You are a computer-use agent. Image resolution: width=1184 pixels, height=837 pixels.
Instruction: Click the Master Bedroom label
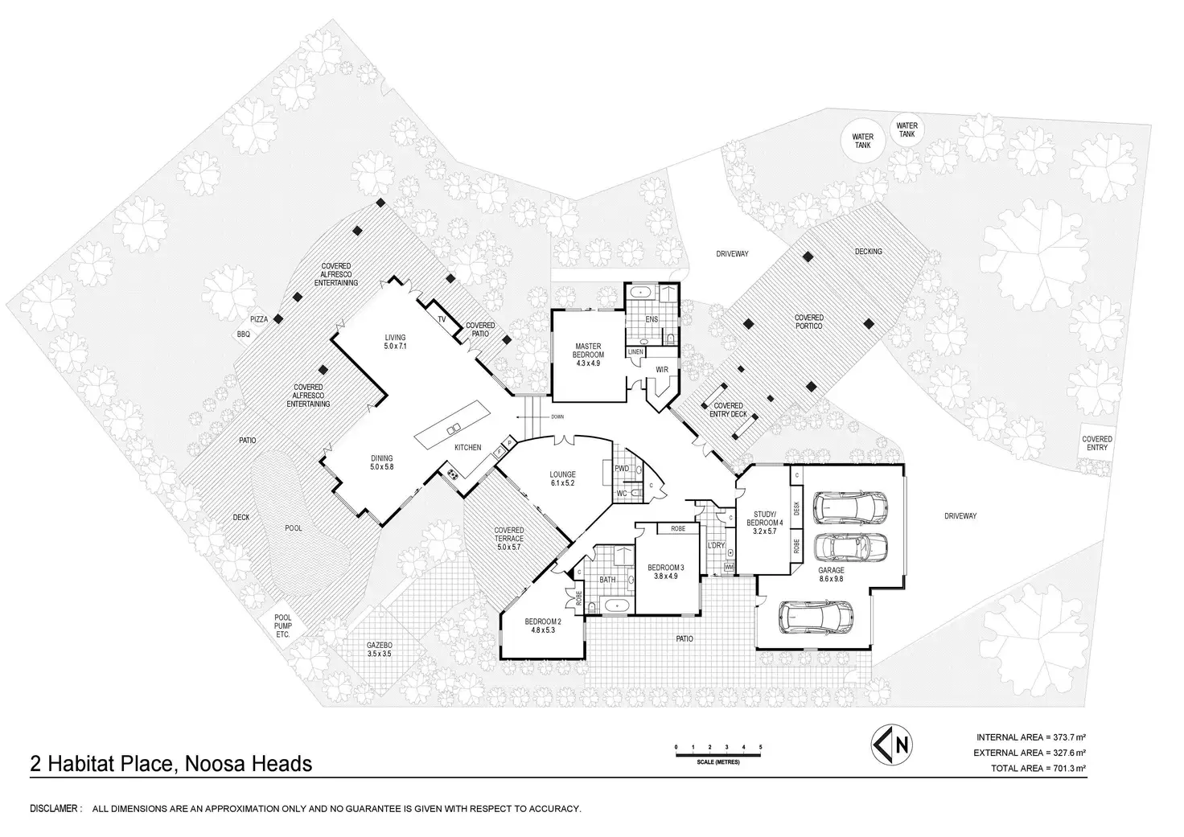pos(588,355)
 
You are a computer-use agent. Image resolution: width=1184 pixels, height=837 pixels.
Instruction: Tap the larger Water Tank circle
pos(862,141)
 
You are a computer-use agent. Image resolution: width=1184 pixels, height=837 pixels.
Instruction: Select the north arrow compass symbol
pos(891,745)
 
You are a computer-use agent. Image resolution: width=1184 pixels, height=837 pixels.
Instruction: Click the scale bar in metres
pos(718,754)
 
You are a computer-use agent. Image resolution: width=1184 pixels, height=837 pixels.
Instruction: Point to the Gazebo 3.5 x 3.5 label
pos(380,650)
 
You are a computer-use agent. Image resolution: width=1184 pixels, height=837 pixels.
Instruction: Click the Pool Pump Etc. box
pos(283,626)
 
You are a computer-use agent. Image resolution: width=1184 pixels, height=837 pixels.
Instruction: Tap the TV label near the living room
pos(442,319)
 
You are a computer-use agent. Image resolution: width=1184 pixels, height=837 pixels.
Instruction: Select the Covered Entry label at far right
pos(1097,443)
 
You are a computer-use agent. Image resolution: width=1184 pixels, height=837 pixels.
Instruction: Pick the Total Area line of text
pos(1038,768)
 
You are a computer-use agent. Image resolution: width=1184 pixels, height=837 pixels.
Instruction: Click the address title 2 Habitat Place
pos(171,764)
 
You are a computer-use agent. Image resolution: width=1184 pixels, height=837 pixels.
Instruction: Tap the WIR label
pos(662,370)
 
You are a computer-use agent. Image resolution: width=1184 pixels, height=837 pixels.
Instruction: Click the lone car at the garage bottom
pos(816,617)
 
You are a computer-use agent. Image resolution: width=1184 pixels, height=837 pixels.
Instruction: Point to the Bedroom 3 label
pos(665,572)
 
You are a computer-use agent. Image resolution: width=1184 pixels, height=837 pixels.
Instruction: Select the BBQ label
pos(243,334)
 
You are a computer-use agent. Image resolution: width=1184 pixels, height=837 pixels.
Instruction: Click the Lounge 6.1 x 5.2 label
pos(562,478)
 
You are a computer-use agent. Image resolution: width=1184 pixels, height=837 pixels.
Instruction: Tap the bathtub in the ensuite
pos(643,291)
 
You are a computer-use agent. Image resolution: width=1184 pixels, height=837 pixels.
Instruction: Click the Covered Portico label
pos(808,322)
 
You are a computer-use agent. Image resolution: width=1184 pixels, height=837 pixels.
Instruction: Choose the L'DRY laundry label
pos(716,545)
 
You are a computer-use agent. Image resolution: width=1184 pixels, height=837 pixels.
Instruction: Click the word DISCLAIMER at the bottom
pos(55,809)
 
